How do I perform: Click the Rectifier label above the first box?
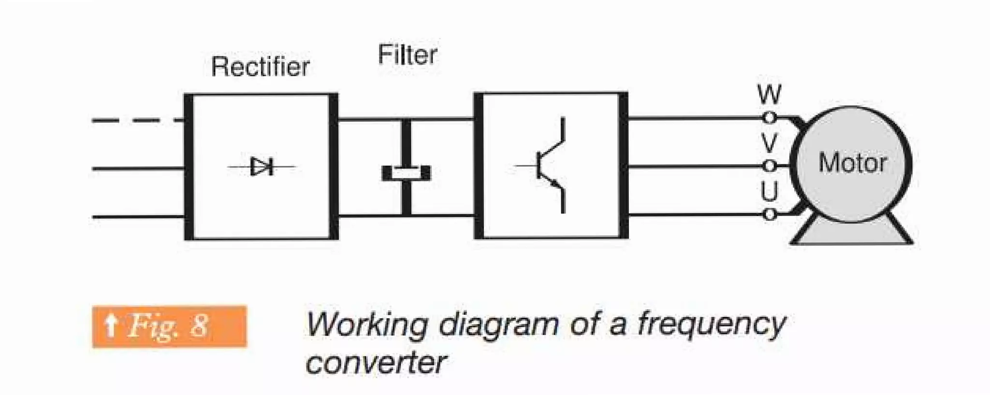pyautogui.click(x=260, y=67)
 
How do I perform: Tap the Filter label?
pyautogui.click(x=407, y=55)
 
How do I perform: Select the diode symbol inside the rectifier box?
pyautogui.click(x=262, y=167)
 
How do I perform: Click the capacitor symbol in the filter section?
pyautogui.click(x=406, y=172)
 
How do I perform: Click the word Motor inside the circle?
pyautogui.click(x=852, y=163)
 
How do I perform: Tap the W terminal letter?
pyautogui.click(x=769, y=95)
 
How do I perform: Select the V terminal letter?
pyautogui.click(x=769, y=143)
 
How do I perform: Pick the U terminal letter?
pyautogui.click(x=769, y=191)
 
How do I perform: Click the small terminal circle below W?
pyautogui.click(x=769, y=117)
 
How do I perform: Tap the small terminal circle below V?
pyautogui.click(x=769, y=166)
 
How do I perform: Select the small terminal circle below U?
pyautogui.click(x=769, y=214)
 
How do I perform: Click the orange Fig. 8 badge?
pyautogui.click(x=169, y=326)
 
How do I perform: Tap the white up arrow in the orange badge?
pyautogui.click(x=111, y=325)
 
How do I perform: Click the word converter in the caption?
pyautogui.click(x=376, y=362)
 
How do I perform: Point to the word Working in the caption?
pyautogui.click(x=367, y=324)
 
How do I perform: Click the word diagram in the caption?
pyautogui.click(x=498, y=324)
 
